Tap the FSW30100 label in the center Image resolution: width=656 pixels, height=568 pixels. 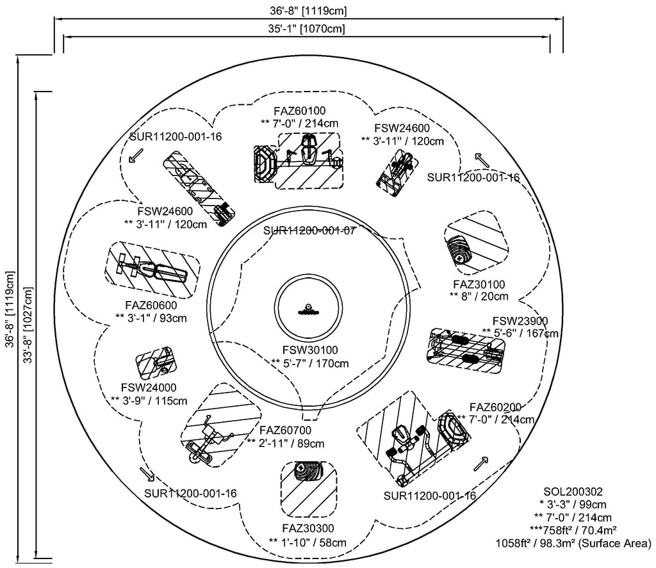(x=310, y=350)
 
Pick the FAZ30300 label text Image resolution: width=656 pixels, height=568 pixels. (x=307, y=529)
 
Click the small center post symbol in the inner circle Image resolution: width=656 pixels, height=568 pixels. (x=308, y=309)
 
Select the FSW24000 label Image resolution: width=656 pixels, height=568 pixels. (x=149, y=388)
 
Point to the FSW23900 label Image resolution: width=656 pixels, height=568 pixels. (x=520, y=321)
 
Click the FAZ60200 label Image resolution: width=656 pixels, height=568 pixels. (x=495, y=407)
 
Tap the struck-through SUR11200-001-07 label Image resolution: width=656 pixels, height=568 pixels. (x=309, y=231)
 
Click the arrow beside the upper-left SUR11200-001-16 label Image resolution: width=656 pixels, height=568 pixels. (x=136, y=156)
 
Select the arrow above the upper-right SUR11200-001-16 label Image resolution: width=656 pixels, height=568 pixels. (x=479, y=158)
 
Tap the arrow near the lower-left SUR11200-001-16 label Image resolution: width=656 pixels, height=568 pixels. (x=147, y=474)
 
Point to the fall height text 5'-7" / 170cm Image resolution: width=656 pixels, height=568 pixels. (x=310, y=364)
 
